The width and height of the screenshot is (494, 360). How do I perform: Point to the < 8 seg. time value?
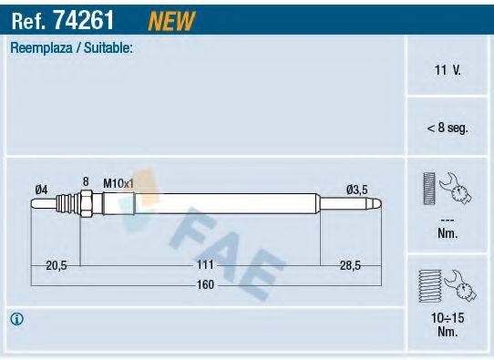(447, 129)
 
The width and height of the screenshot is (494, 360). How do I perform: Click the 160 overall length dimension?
(206, 284)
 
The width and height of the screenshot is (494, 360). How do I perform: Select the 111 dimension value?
(206, 264)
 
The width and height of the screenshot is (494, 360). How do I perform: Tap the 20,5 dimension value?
(57, 264)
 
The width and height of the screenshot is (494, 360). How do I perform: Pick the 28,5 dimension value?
(349, 264)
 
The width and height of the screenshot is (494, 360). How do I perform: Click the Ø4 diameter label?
(41, 189)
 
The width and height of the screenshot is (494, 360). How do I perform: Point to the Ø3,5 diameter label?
(356, 189)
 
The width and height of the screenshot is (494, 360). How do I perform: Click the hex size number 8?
(86, 181)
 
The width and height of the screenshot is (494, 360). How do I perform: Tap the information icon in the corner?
(16, 319)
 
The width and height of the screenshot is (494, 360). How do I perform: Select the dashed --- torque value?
(447, 220)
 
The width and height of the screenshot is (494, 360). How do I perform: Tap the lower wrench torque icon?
(447, 284)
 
